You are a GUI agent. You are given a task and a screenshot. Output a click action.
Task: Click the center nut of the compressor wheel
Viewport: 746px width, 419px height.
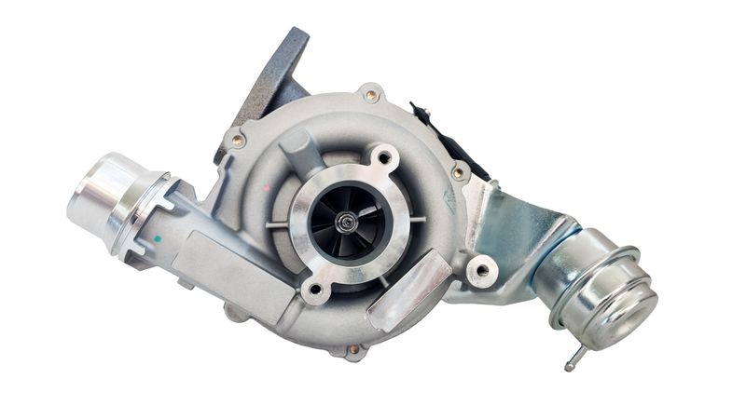(x=346, y=221)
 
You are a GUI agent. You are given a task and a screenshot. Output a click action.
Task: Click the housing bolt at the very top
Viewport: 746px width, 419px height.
(x=371, y=95)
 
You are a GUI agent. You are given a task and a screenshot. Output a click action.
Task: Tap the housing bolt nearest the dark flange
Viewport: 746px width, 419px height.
(x=238, y=141)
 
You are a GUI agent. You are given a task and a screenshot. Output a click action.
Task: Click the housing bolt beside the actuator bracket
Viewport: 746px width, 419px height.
(x=458, y=173)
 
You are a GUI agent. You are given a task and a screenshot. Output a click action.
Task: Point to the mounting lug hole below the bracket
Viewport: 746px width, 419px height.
(x=481, y=272)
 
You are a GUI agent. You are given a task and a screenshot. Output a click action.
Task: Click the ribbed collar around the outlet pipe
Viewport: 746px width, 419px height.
(x=140, y=209)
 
